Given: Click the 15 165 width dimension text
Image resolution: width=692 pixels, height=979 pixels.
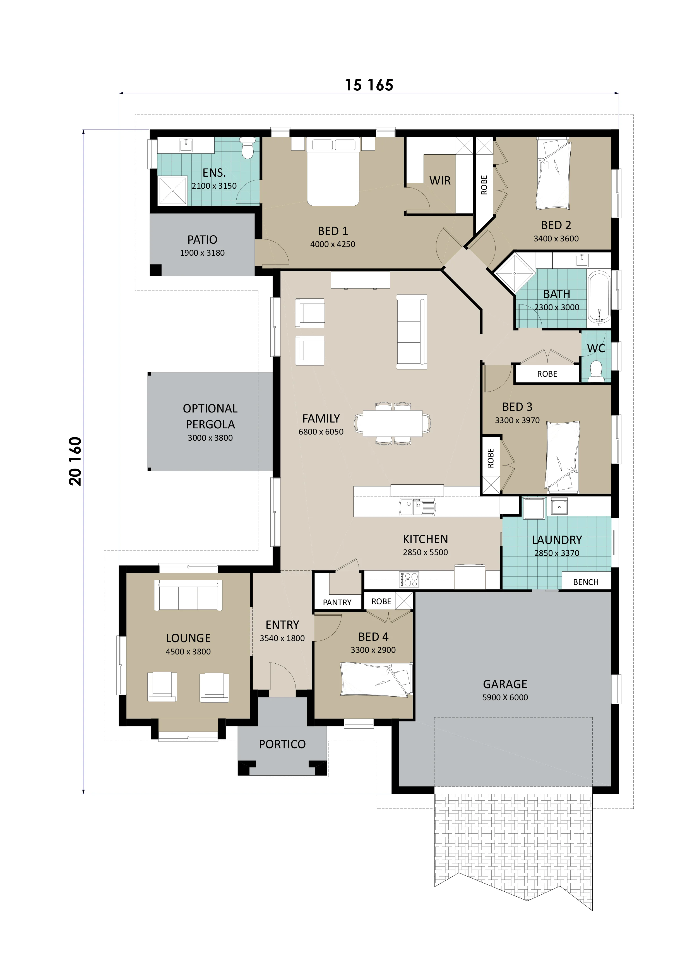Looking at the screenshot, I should coord(369,85).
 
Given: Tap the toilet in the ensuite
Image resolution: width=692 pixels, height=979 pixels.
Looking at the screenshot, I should coord(247,148).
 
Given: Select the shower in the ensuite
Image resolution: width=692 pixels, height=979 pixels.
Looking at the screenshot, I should coord(173,191).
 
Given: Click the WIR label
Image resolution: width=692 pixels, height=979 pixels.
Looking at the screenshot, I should coord(439,181).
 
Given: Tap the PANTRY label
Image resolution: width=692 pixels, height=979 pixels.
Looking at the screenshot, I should coord(337,603).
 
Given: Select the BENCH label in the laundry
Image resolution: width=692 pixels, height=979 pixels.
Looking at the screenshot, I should coord(585,582).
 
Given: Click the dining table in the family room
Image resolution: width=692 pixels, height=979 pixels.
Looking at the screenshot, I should coord(392,423).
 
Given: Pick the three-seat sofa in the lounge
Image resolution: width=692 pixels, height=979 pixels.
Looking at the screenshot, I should coord(188,596).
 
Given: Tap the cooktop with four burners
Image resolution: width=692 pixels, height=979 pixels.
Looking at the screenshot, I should coord(409,580).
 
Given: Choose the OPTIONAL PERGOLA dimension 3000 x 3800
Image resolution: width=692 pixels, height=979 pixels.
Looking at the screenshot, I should coord(210,438).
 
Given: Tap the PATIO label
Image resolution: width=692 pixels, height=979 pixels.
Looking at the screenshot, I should coord(202,240).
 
